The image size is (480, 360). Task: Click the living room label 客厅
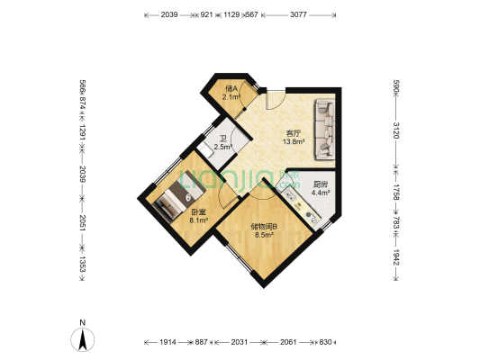294,132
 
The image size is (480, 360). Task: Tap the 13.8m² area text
294,141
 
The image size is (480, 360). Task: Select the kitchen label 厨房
320,183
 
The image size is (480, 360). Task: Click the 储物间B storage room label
264,226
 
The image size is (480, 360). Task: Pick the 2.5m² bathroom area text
222,147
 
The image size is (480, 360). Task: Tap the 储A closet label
231,88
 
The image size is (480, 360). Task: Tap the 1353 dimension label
82,264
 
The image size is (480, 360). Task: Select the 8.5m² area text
264,235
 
